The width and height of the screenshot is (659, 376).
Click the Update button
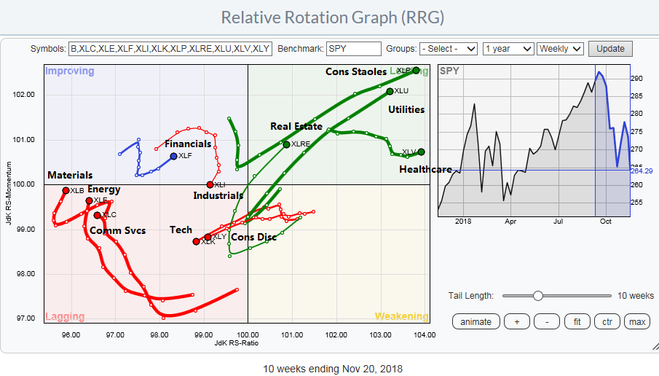click(610, 49)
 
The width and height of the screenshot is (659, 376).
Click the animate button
click(475, 321)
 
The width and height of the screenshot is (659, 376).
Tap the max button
click(637, 321)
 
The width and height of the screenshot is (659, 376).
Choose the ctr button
click(606, 321)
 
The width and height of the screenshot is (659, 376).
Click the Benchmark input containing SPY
click(354, 49)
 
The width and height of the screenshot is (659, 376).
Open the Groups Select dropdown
click(449, 49)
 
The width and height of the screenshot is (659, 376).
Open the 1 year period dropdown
click(508, 49)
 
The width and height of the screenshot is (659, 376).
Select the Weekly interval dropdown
click(560, 49)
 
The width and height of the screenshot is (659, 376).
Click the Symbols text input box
click(170, 49)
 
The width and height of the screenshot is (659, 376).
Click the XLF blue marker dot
click(173, 156)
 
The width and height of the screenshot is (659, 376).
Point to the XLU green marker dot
click(390, 91)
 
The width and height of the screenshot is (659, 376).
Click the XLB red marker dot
click(66, 190)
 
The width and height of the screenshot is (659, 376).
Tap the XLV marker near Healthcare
click(421, 152)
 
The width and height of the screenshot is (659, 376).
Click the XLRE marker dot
click(286, 144)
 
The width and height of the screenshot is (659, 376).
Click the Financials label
click(187, 144)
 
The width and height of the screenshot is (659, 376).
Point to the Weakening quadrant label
click(401, 316)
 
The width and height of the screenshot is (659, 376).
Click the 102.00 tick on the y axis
click(25, 94)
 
